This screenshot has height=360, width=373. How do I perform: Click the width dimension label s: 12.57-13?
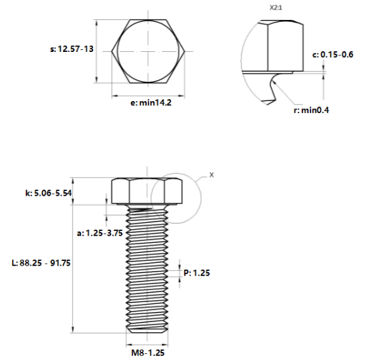coord(72,49)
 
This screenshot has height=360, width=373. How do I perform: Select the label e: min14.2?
coord(151,102)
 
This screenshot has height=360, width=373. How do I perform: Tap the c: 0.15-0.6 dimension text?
coord(333,55)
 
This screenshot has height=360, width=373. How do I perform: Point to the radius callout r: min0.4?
coord(311,110)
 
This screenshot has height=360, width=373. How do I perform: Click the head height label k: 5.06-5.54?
coord(49,193)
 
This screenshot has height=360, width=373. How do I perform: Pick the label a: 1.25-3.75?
coord(100,233)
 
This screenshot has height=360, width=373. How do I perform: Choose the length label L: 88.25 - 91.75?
coord(41,263)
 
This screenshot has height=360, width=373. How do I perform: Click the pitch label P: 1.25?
coord(197,273)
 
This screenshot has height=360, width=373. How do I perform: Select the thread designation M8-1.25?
coord(148,353)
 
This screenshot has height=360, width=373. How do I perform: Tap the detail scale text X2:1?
coord(276,7)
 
